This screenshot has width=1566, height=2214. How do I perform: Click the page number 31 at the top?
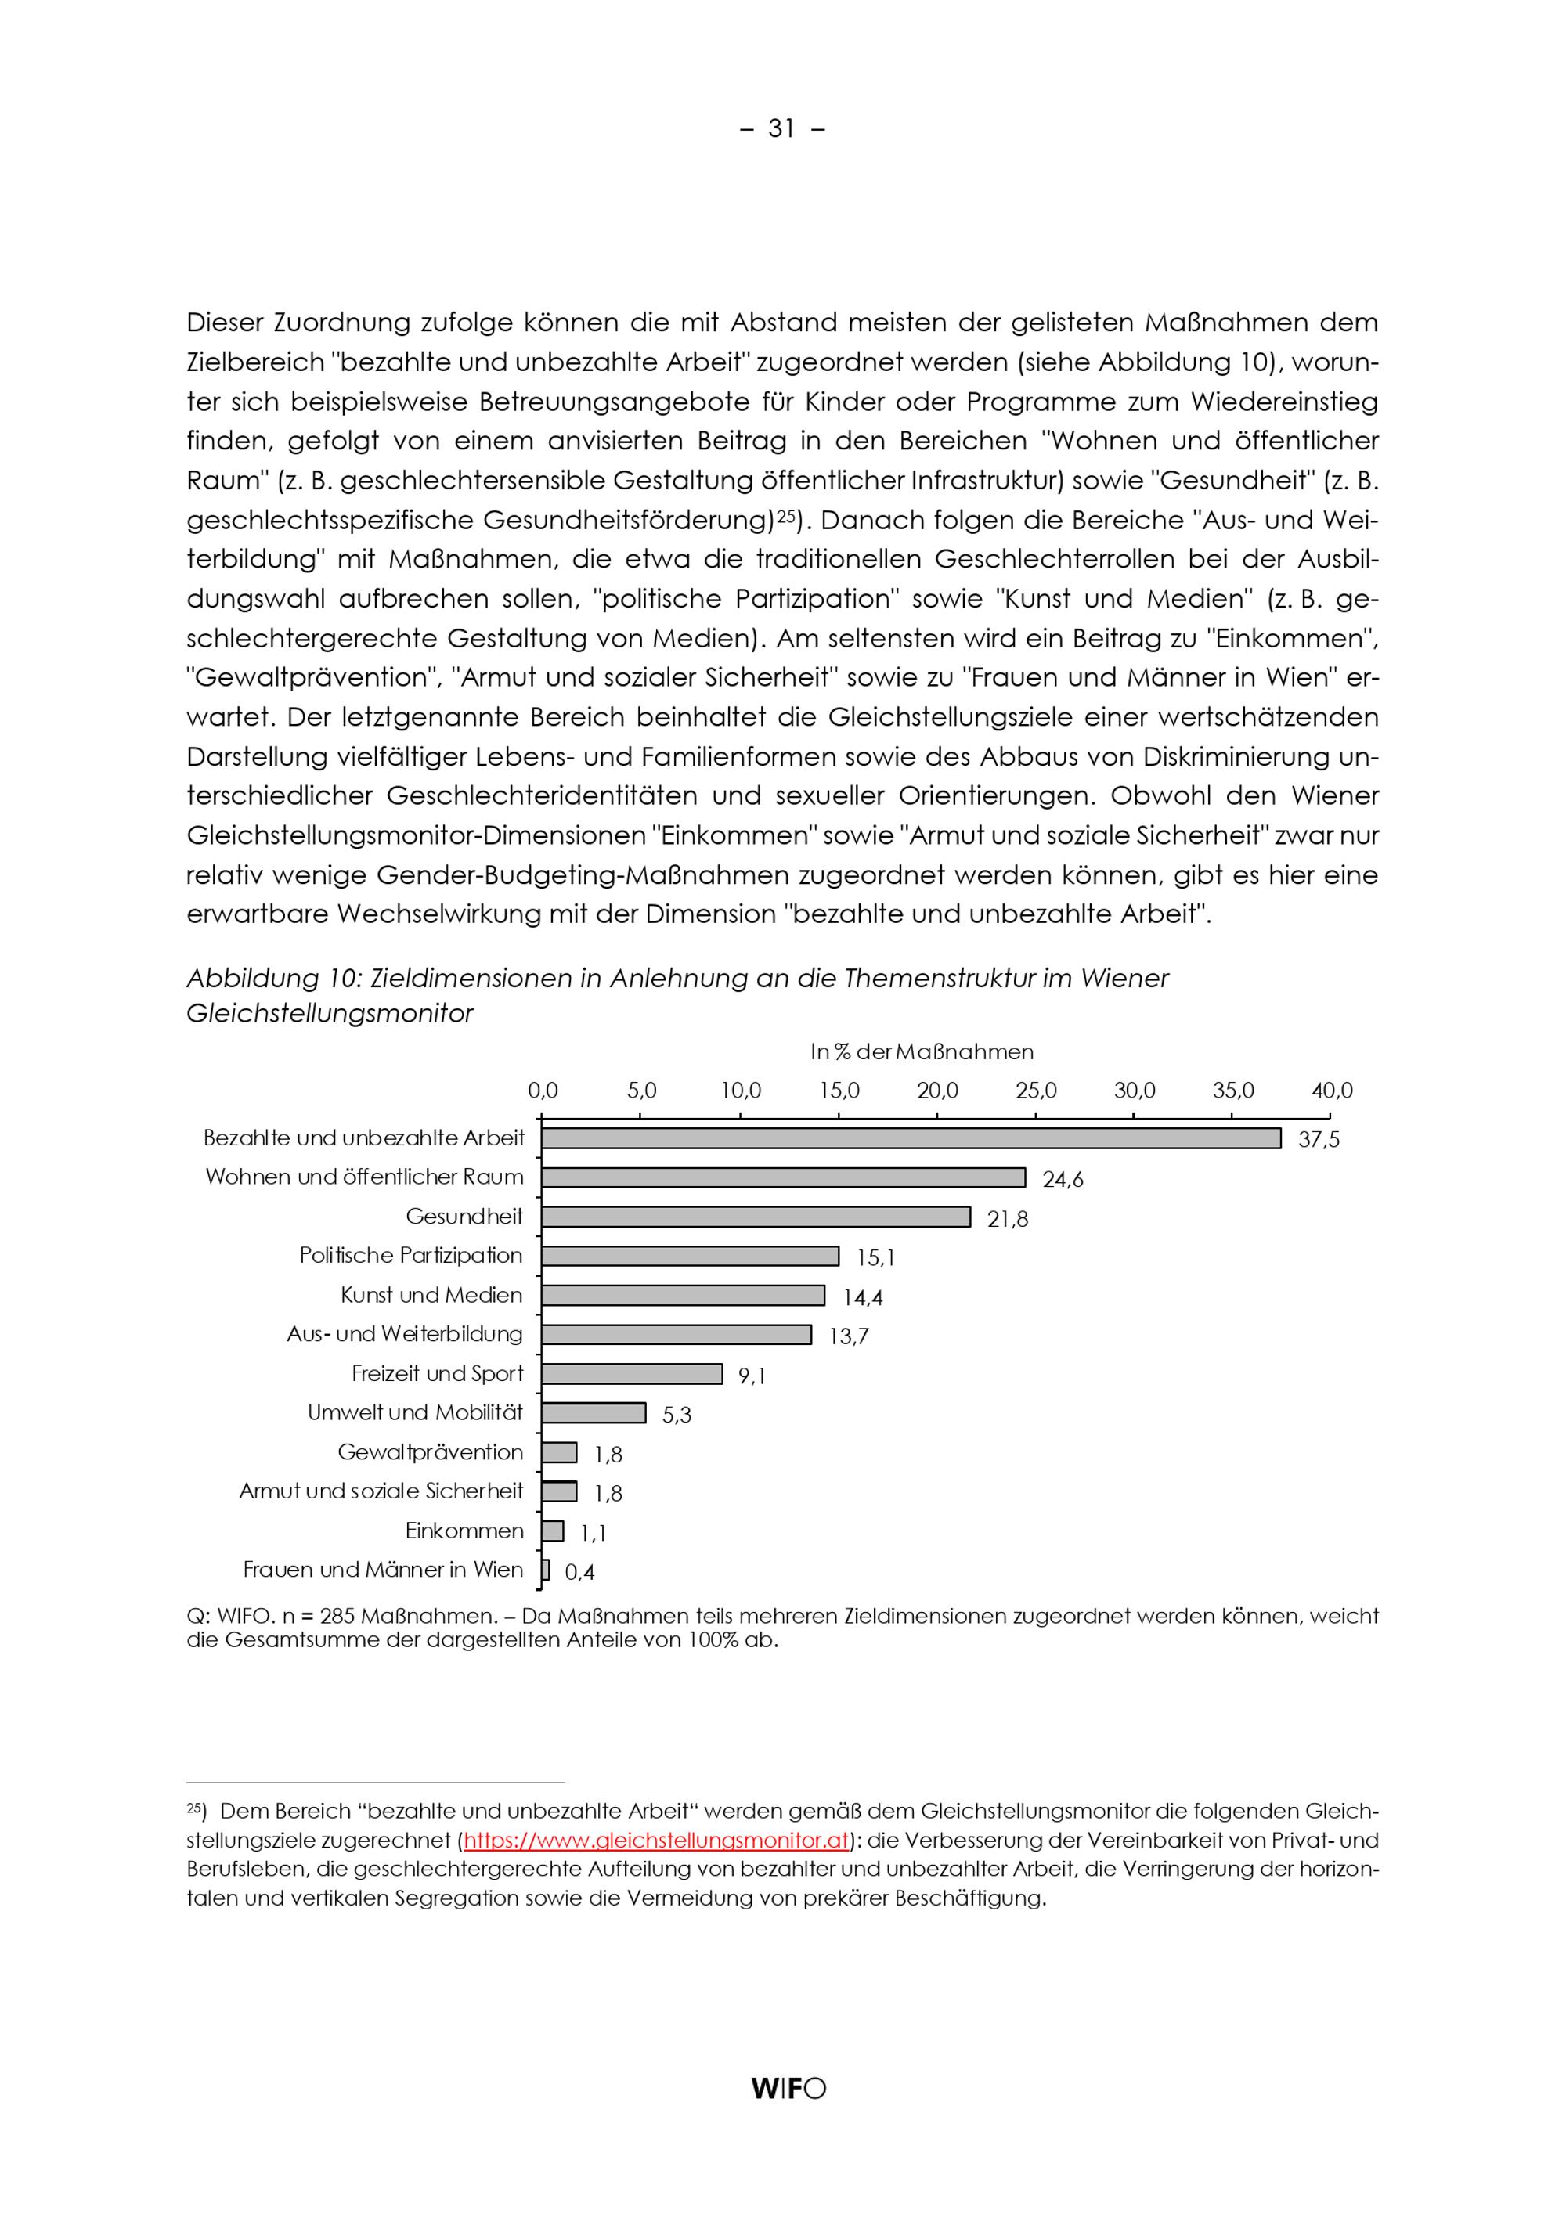point(782,129)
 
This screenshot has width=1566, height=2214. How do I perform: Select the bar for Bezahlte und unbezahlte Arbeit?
point(911,1139)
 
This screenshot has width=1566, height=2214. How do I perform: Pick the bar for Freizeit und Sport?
point(632,1374)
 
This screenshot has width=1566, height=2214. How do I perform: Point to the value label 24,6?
point(1063,1179)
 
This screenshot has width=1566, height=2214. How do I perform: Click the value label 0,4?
point(579,1573)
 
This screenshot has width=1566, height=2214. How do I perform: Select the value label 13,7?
point(849,1336)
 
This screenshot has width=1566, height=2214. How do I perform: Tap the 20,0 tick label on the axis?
point(937,1091)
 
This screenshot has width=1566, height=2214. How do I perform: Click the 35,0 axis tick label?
point(1232,1091)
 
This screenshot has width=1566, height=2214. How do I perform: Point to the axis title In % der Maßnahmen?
point(921,1052)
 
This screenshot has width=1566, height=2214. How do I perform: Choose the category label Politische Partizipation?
point(411,1256)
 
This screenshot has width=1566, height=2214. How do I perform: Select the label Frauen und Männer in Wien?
point(383,1570)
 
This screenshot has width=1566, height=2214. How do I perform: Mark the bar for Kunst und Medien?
point(683,1295)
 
